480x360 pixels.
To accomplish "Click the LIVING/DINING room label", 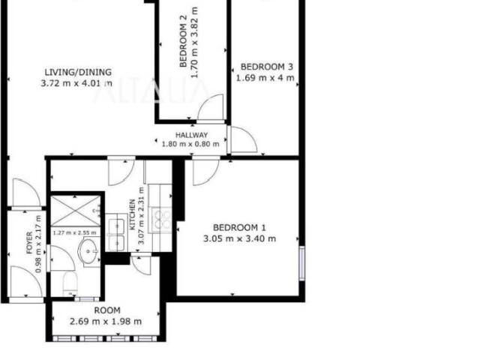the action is click(78, 72).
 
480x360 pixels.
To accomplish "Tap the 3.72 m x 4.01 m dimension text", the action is click(76, 83).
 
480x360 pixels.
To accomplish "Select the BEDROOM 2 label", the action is click(183, 45).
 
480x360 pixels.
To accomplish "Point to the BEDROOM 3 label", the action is click(267, 67).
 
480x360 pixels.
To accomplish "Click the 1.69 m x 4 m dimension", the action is click(265, 78).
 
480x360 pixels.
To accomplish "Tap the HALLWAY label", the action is click(192, 135).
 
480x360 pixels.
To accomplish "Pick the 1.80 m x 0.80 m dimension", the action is click(190, 144).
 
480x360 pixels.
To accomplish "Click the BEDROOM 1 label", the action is click(239, 228).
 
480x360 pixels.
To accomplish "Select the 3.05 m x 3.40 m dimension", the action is click(240, 238).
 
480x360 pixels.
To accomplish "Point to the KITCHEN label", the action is click(133, 214).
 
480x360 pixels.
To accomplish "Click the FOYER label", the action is click(29, 243).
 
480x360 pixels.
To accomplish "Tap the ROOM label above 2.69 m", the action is click(107, 310).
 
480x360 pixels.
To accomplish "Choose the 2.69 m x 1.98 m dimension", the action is click(106, 322).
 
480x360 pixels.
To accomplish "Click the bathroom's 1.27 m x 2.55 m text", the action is click(75, 233).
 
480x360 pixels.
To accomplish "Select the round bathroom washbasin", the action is click(88, 251).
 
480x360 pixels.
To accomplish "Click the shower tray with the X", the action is click(75, 211).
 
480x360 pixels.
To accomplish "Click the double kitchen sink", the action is click(116, 232).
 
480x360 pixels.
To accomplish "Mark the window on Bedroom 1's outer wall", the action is click(302, 263).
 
